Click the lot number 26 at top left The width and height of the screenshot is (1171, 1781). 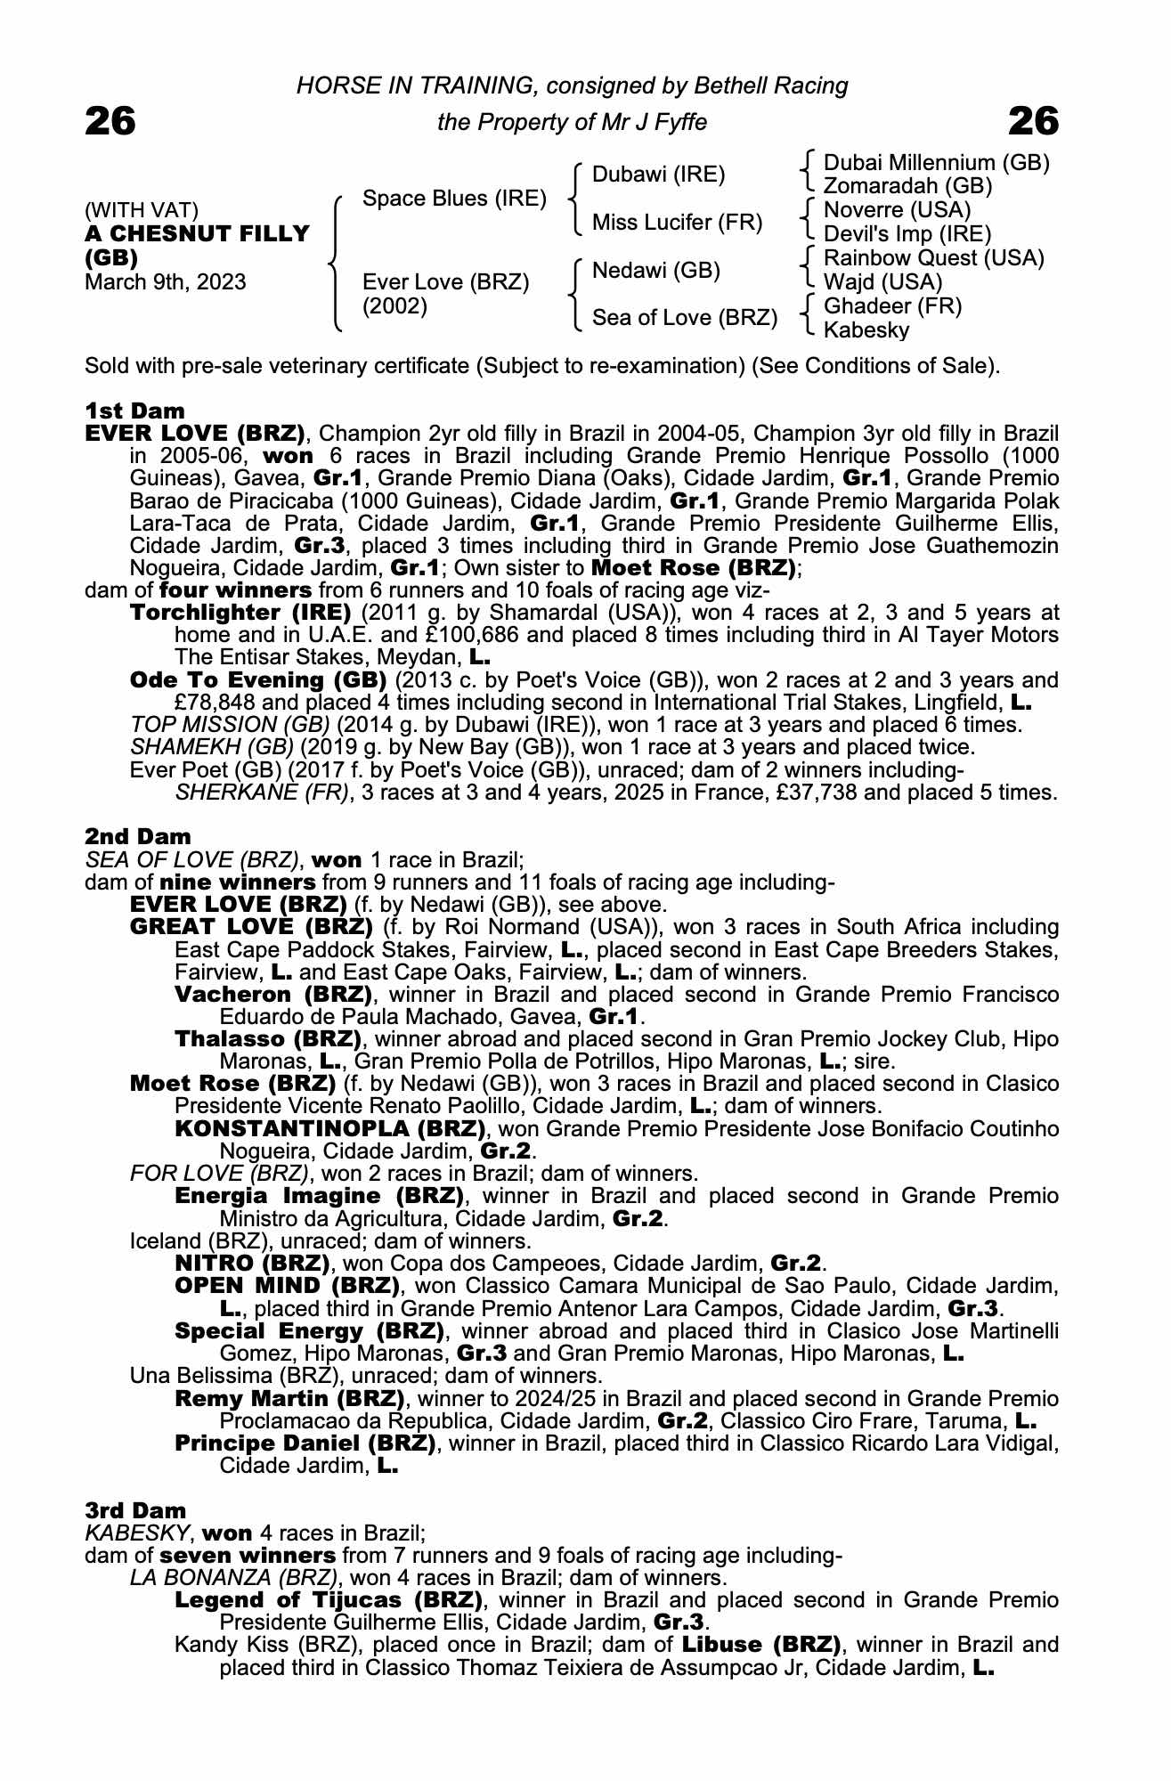[110, 122]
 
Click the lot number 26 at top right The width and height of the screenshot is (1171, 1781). [1034, 122]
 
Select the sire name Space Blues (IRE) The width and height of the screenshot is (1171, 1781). [454, 199]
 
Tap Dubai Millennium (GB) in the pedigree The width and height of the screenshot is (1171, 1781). [936, 163]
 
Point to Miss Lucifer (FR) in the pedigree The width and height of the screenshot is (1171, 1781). [677, 223]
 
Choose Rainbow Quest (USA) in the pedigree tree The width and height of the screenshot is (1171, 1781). [933, 258]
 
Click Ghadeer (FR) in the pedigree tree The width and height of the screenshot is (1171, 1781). [892, 306]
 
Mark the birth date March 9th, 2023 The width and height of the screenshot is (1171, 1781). [166, 282]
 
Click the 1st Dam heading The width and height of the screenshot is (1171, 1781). [135, 411]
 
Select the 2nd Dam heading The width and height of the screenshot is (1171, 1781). [138, 836]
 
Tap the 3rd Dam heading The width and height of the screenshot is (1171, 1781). [136, 1510]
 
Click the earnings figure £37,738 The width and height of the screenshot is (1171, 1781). [805, 792]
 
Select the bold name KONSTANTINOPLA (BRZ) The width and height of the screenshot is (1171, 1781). [330, 1129]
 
